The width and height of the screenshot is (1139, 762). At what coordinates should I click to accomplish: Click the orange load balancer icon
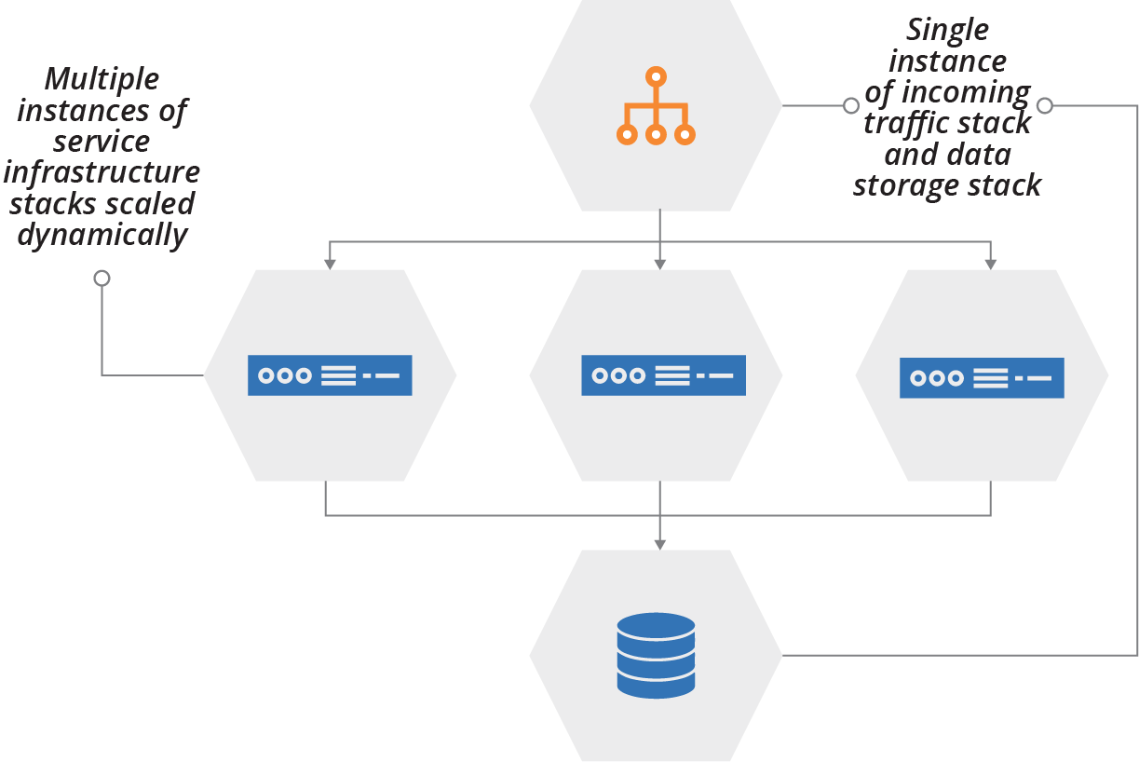pyautogui.click(x=656, y=106)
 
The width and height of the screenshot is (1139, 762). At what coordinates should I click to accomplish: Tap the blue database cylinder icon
pyautogui.click(x=656, y=655)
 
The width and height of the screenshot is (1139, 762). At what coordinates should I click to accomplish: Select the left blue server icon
pyautogui.click(x=330, y=375)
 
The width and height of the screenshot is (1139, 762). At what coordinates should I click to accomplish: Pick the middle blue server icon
pyautogui.click(x=663, y=375)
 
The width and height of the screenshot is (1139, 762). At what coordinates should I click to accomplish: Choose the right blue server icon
pyautogui.click(x=982, y=378)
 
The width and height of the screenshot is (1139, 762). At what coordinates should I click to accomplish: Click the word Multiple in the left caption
pyautogui.click(x=102, y=79)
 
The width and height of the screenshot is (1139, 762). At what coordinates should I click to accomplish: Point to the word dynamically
pyautogui.click(x=102, y=235)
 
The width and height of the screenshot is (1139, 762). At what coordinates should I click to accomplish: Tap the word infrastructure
pyautogui.click(x=102, y=172)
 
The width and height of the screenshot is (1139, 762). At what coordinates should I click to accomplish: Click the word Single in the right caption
pyautogui.click(x=947, y=30)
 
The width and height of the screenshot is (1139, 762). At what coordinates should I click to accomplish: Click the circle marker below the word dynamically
pyautogui.click(x=102, y=279)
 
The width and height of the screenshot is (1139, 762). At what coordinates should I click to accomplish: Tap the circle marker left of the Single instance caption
pyautogui.click(x=850, y=106)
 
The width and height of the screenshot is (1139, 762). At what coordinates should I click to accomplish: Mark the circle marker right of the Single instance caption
pyautogui.click(x=1045, y=106)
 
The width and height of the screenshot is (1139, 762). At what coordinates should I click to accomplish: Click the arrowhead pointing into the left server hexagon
pyautogui.click(x=329, y=265)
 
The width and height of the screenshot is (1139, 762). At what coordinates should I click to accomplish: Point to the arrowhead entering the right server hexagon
pyautogui.click(x=991, y=265)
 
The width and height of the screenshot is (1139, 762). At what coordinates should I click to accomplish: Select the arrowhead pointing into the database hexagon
pyautogui.click(x=659, y=544)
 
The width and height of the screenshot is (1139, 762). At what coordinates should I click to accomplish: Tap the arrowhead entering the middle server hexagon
pyautogui.click(x=659, y=265)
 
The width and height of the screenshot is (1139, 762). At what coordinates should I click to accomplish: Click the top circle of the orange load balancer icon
pyautogui.click(x=656, y=75)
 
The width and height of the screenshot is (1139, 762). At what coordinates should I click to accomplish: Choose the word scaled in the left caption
pyautogui.click(x=155, y=204)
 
